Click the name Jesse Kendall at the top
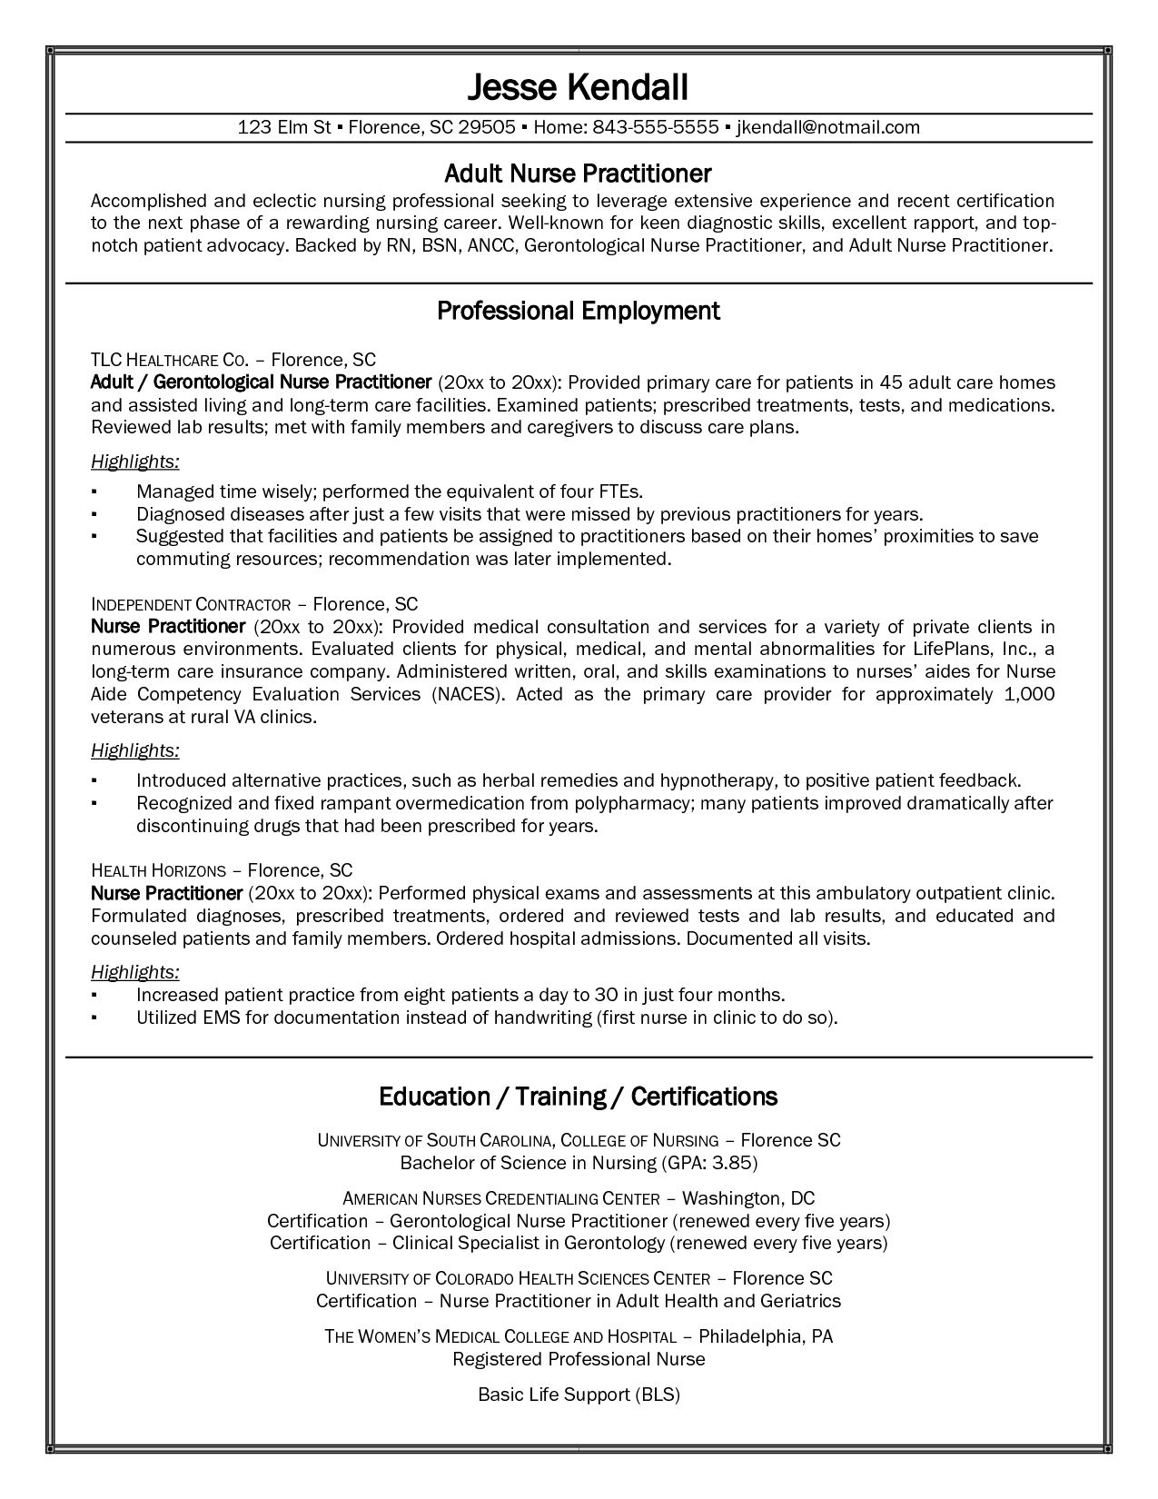click(578, 87)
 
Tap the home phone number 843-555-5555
click(656, 127)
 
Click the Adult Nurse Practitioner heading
click(578, 173)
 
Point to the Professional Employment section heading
click(578, 311)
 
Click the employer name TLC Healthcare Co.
click(170, 359)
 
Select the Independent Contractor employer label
click(191, 604)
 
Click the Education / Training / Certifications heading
click(578, 1097)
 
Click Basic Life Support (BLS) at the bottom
click(579, 1395)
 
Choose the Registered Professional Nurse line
click(579, 1359)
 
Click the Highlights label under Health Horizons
click(134, 972)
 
